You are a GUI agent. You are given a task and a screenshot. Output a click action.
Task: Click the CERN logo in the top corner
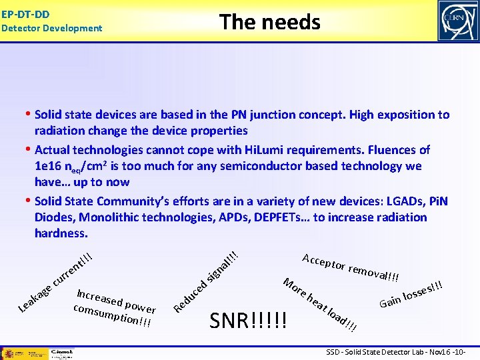457,21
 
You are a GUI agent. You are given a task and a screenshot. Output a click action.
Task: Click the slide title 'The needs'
270,22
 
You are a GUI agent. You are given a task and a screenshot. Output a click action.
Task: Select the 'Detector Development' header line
51,28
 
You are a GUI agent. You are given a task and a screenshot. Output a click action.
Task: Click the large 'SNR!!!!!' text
249,322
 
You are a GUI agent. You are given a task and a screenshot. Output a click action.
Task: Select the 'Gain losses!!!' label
411,294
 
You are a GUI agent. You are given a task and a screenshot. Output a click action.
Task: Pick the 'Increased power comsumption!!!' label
115,307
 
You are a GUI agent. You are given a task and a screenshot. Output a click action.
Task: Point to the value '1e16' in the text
50,166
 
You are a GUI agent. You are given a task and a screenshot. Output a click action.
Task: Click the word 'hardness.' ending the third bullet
61,233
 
